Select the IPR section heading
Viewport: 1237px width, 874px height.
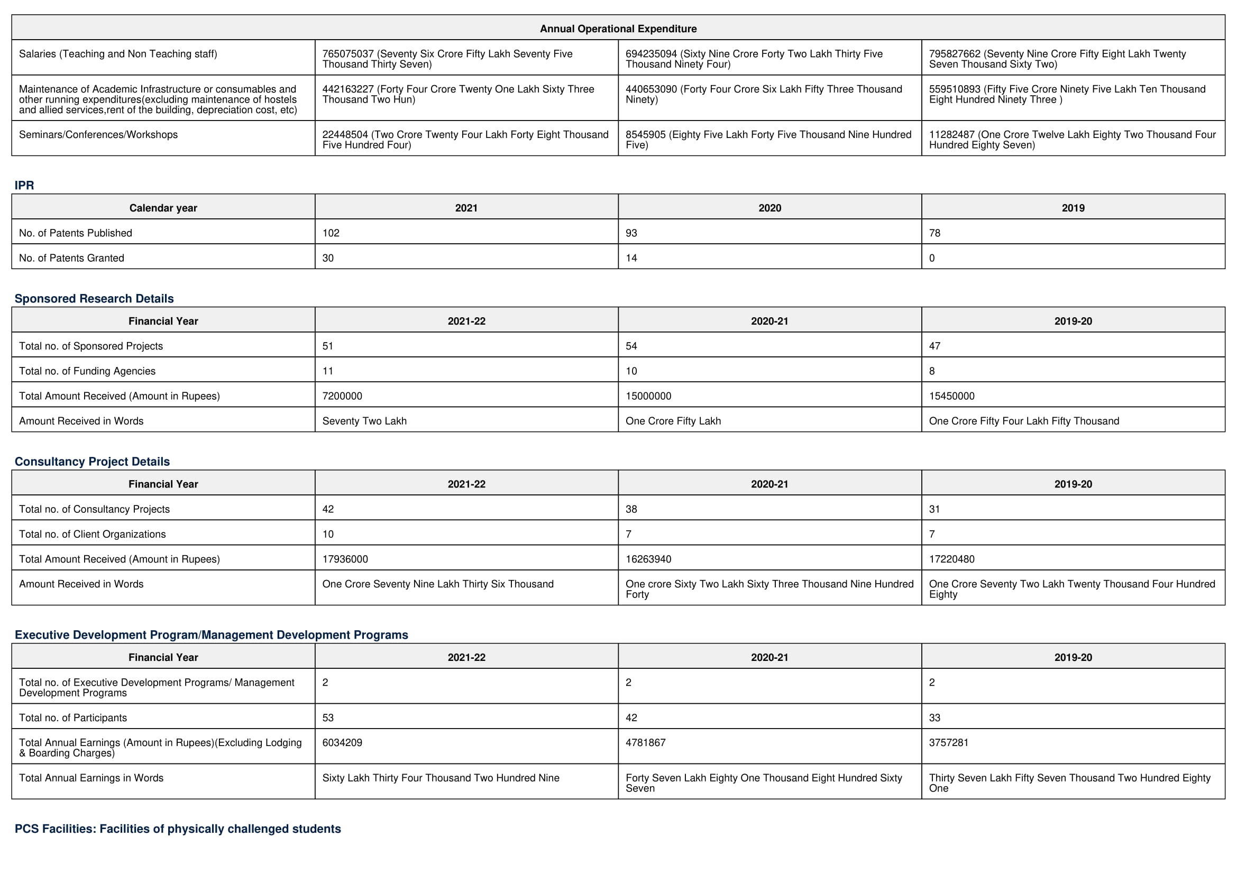(24, 185)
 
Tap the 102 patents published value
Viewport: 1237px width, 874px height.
(331, 233)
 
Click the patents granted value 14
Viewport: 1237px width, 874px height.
(631, 258)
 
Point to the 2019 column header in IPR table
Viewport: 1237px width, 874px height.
(1073, 208)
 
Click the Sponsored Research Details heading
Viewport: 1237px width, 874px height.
(94, 298)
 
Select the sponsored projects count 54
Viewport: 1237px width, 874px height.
(631, 346)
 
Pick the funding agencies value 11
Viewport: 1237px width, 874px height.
(327, 371)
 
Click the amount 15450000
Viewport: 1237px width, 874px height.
(951, 396)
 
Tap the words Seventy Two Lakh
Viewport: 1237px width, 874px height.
(364, 420)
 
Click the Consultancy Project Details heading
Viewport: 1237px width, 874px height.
(92, 462)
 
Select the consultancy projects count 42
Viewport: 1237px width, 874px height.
(327, 509)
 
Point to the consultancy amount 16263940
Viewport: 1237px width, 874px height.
(648, 559)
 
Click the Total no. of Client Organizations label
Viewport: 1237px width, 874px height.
(92, 533)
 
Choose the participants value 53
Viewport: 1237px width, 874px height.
(327, 717)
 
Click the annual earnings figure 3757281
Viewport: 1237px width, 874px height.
(948, 742)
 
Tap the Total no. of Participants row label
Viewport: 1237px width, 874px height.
(73, 717)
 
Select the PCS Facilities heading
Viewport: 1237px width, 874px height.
(178, 828)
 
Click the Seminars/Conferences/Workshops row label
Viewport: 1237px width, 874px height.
(98, 135)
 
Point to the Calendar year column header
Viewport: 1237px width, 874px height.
(163, 208)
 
